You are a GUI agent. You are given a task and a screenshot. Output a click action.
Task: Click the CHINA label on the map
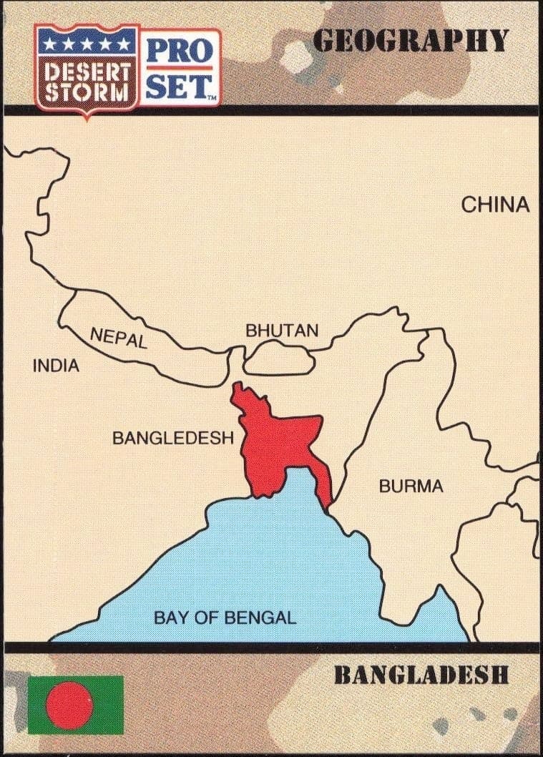(x=495, y=205)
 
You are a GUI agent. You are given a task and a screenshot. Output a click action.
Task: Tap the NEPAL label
(x=119, y=337)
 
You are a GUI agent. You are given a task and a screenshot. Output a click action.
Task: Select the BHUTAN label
(x=281, y=331)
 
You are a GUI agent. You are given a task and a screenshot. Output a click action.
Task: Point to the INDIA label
(x=56, y=366)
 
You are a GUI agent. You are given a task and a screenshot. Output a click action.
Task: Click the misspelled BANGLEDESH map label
(x=173, y=438)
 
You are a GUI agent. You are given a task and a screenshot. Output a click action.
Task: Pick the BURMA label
(x=411, y=487)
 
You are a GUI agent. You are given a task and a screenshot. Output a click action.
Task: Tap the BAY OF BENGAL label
(x=225, y=617)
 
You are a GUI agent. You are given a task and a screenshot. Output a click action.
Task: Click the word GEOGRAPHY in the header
(x=411, y=41)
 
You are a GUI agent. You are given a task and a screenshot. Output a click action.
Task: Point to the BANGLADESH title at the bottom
(x=421, y=675)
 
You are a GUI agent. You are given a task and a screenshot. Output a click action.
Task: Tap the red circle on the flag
(x=69, y=705)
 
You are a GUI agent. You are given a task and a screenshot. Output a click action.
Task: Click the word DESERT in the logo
(x=88, y=73)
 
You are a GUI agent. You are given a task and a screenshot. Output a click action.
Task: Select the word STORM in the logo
(x=87, y=92)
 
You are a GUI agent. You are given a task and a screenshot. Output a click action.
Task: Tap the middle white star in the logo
(x=87, y=44)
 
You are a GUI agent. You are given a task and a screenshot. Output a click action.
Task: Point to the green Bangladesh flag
(x=75, y=705)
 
